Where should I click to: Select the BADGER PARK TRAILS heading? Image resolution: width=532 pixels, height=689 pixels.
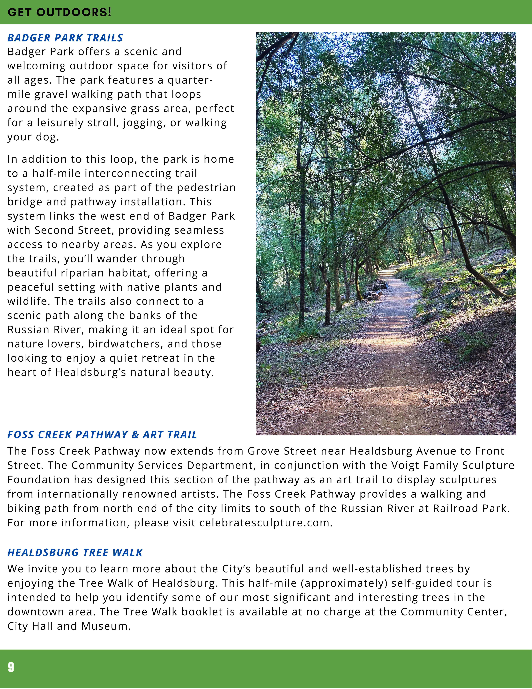click(65, 38)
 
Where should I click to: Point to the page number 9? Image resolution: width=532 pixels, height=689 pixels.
click(11, 667)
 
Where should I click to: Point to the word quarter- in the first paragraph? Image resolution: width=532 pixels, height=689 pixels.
click(190, 80)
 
